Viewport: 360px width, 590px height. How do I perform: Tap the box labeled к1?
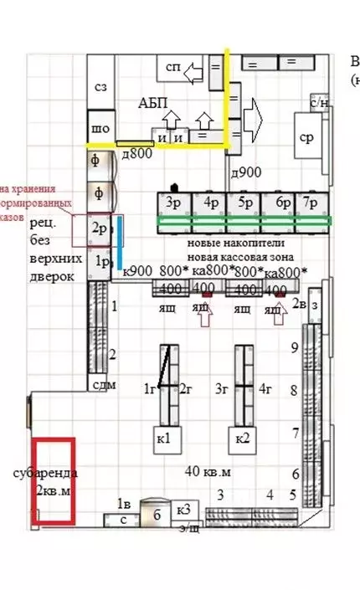(164, 439)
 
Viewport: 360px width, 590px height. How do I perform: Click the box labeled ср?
(307, 137)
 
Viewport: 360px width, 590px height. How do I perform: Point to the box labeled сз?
(100, 85)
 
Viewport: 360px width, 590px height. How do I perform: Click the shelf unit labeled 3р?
(174, 203)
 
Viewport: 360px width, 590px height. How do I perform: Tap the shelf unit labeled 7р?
(311, 203)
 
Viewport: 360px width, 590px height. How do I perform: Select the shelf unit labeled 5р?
(244, 203)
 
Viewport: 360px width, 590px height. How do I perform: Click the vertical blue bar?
(121, 243)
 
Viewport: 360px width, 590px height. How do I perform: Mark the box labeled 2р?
(99, 228)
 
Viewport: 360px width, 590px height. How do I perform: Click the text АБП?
(153, 103)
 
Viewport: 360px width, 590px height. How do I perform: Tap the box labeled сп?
(173, 66)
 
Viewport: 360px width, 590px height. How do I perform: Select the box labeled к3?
(184, 509)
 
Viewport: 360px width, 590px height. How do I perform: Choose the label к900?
(137, 271)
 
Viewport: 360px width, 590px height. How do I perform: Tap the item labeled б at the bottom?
(157, 515)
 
